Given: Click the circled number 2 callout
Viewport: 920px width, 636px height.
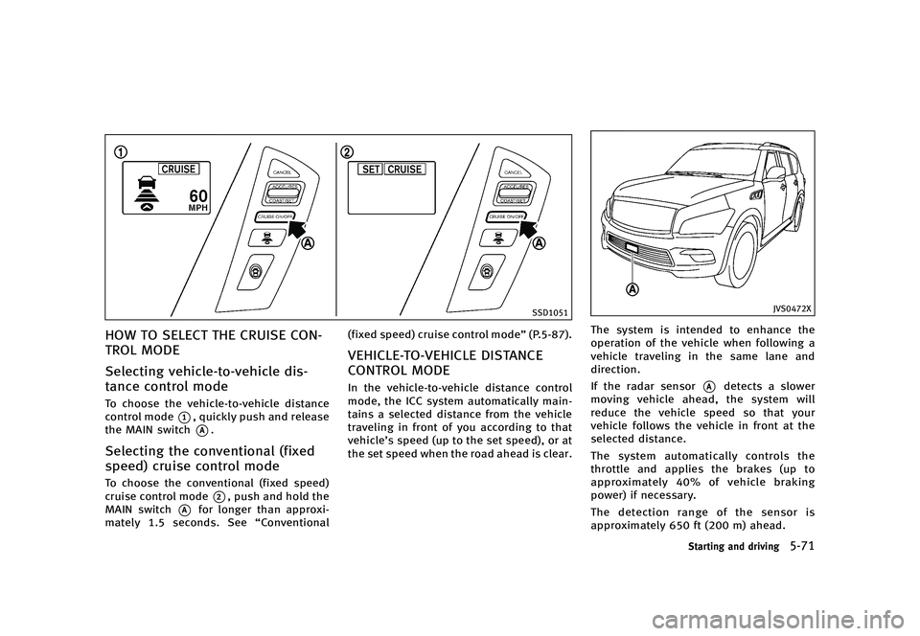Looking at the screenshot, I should [x=346, y=150].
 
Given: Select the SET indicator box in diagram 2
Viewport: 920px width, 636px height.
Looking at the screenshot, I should [x=370, y=169].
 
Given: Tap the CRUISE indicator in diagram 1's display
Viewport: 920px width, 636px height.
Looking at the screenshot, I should [x=179, y=169].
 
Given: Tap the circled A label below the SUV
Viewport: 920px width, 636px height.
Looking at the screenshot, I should [x=633, y=288].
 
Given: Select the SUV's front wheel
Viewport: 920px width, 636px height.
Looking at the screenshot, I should [x=746, y=255].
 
